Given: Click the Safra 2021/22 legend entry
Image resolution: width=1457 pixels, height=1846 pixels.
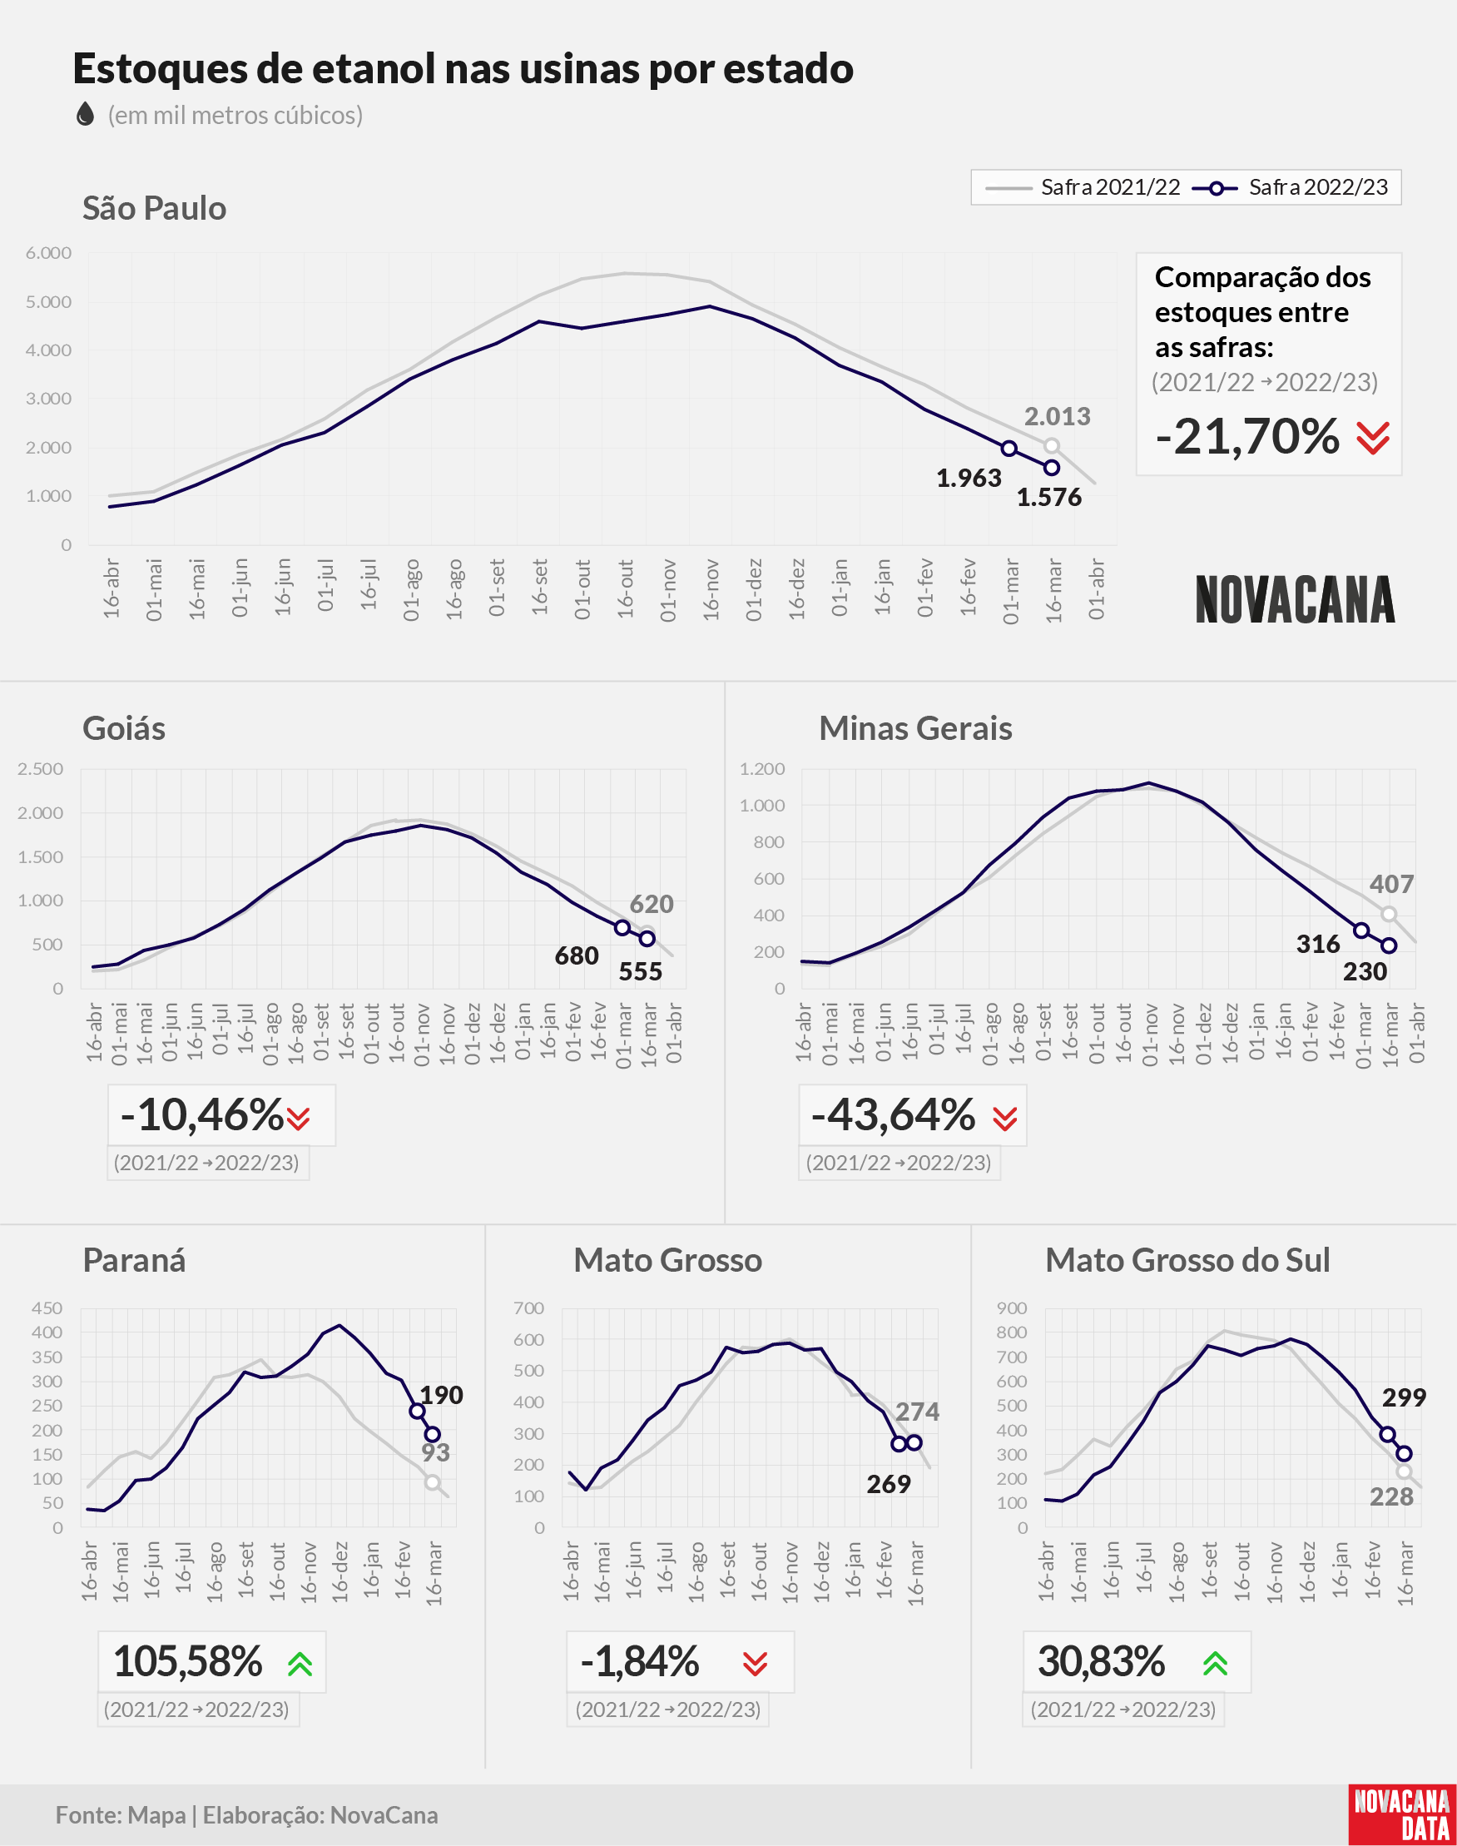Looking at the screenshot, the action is point(1083,187).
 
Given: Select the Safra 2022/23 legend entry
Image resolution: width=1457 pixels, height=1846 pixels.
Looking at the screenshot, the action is point(1290,187).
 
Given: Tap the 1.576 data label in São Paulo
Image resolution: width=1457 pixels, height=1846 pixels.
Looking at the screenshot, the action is point(1048,498).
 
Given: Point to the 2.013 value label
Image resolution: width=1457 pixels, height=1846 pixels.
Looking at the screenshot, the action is point(1057,416).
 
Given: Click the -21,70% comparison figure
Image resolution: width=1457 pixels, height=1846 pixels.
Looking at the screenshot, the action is point(1247,437).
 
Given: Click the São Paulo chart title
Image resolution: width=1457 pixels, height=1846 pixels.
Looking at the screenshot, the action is point(155,208).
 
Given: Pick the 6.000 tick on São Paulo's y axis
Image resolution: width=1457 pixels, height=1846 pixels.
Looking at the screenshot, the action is point(48,252).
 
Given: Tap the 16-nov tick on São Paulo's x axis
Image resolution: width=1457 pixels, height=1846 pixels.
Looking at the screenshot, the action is point(711,588).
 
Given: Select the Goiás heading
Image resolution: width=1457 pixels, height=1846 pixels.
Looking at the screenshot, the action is point(124,728).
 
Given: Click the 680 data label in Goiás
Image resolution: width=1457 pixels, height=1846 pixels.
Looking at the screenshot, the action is point(577,955).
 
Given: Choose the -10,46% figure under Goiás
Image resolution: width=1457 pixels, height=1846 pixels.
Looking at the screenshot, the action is point(202,1115).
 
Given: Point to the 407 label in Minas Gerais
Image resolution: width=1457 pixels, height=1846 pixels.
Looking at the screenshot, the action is point(1391,884).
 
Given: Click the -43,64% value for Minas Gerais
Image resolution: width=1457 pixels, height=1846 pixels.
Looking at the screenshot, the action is point(893,1115).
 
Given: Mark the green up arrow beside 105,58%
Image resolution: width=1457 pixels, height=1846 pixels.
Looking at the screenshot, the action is point(300,1664).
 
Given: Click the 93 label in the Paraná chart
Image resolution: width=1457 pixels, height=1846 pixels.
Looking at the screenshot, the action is point(435,1451).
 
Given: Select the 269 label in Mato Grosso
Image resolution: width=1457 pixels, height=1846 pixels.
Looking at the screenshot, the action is point(889,1484).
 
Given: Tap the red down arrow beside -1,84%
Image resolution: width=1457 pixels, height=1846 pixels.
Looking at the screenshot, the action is point(755,1664).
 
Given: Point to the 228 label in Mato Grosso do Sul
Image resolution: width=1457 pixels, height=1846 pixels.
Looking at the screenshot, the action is point(1391,1496).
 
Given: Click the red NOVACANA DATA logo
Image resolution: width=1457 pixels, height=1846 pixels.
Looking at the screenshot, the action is point(1402,1814).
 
